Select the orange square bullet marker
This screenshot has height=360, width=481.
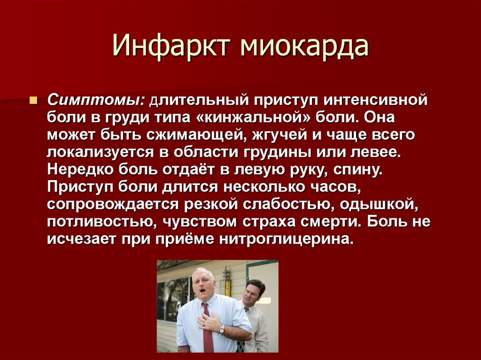click(33, 100)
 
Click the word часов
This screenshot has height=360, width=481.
click(335, 187)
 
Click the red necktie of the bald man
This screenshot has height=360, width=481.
click(207, 328)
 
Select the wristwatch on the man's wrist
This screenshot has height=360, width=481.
click(222, 329)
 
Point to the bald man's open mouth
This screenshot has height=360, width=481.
click(202, 289)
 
